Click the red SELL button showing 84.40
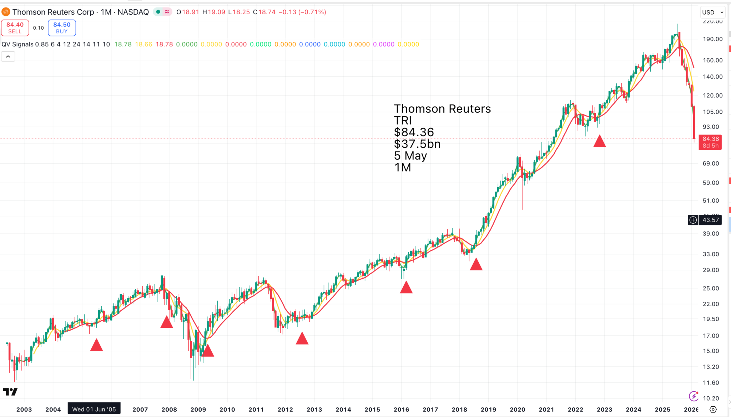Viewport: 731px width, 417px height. point(15,28)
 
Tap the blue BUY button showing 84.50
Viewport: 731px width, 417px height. point(62,28)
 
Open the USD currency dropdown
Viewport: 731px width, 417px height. point(712,12)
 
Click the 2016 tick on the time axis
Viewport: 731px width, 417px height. point(401,410)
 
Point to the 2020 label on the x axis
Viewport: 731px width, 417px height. point(517,410)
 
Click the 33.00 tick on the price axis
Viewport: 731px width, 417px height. point(711,254)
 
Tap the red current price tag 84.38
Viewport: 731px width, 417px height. point(710,142)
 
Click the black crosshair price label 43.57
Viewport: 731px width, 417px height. point(710,220)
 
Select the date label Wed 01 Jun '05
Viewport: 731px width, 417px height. point(94,409)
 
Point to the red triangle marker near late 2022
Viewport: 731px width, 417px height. point(600,142)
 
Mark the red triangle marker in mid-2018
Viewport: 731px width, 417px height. point(476,265)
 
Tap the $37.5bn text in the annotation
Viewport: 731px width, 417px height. point(417,144)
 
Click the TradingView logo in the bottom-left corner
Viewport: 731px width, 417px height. point(10,392)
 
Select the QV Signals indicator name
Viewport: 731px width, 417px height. point(17,44)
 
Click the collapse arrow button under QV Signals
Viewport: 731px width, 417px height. point(8,56)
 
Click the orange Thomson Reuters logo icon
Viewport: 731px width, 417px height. point(6,12)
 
